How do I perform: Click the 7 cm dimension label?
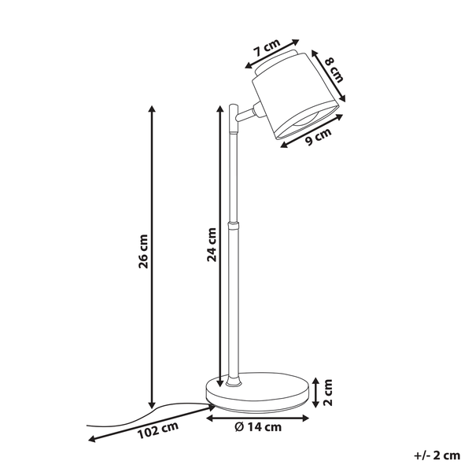(x=267, y=47)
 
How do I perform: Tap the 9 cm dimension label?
(x=318, y=137)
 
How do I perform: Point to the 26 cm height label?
(x=143, y=251)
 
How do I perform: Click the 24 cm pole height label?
(x=212, y=245)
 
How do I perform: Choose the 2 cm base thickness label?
(x=327, y=393)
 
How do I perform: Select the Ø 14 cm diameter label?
(x=258, y=427)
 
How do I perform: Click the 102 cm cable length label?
(x=158, y=430)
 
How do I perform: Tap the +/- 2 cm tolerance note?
(x=437, y=455)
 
